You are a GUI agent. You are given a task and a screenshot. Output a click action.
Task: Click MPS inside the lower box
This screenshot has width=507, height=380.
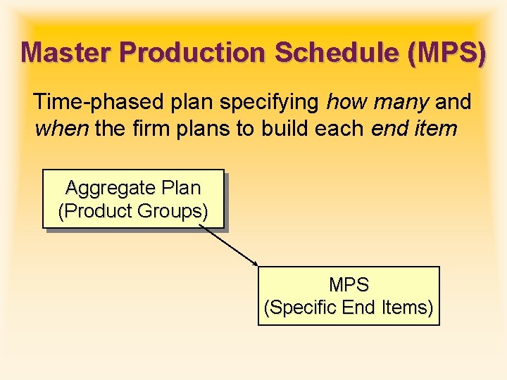pos(349,285)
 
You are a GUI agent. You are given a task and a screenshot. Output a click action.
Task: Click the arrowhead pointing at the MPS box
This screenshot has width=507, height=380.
pos(256,265)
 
